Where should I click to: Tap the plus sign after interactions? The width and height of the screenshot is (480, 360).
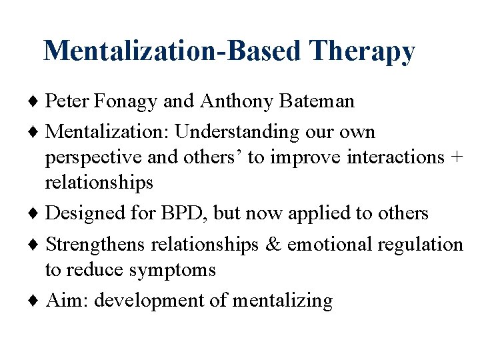click(x=456, y=157)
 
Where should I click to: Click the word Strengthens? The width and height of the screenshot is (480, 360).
click(x=95, y=245)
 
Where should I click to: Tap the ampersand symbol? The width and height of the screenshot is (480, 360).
click(x=272, y=245)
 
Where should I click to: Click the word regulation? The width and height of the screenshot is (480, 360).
click(x=420, y=245)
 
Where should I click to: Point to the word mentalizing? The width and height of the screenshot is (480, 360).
click(x=282, y=301)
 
